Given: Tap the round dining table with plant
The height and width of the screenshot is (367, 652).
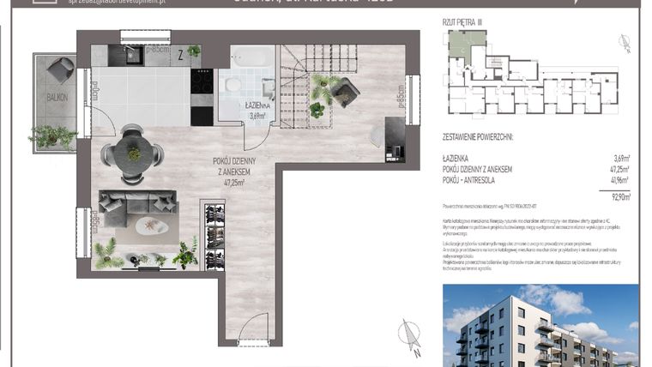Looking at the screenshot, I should pyautogui.click(x=132, y=153).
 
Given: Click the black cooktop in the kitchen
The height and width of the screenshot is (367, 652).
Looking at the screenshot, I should pyautogui.click(x=202, y=81).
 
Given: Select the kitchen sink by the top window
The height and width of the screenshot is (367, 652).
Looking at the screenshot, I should pyautogui.click(x=135, y=56).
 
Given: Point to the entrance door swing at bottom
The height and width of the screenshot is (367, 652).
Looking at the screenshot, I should pyautogui.click(x=252, y=331).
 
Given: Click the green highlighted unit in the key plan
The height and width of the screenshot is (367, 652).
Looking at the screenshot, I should pyautogui.click(x=467, y=43).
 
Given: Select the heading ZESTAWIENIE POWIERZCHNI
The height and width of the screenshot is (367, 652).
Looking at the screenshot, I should pyautogui.click(x=483, y=136).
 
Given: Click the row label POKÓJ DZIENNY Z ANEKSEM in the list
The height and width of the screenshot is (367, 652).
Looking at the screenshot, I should pyautogui.click(x=478, y=170).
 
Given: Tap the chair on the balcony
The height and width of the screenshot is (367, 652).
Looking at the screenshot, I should pyautogui.click(x=60, y=67).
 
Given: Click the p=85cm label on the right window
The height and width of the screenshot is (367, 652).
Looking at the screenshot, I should pyautogui.click(x=400, y=99).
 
